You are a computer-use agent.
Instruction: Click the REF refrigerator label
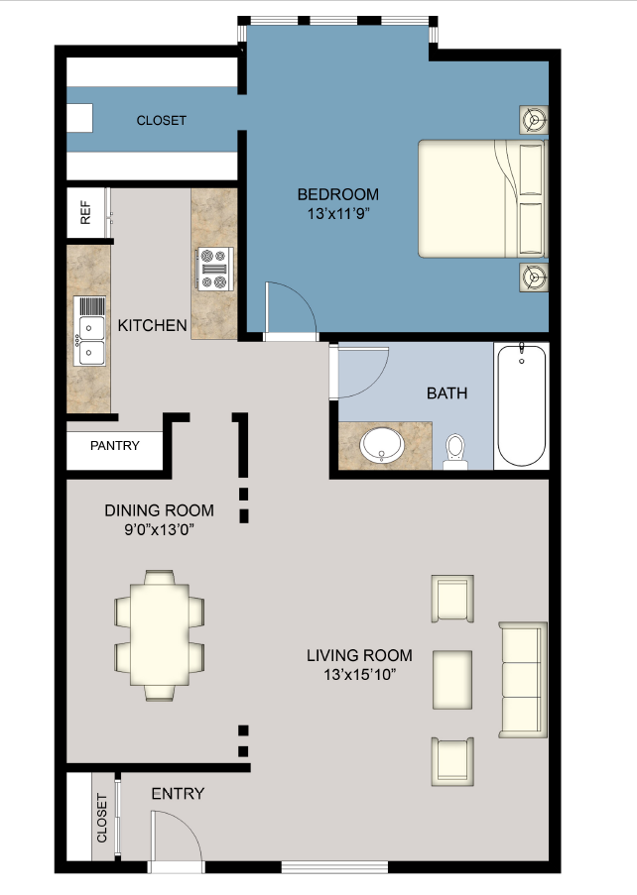point(85,214)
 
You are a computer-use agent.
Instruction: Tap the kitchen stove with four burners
point(214,269)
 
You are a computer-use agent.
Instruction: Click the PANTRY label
point(114,446)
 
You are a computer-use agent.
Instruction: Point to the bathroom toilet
point(456,451)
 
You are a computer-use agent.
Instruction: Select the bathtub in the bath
point(521,405)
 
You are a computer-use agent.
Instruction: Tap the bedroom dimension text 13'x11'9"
point(338,212)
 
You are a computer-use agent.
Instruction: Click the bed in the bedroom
point(481,198)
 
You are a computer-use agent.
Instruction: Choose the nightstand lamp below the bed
point(534,278)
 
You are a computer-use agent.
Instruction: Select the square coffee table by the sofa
point(452,679)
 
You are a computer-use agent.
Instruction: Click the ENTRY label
point(178,794)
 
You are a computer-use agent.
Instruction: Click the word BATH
point(446,393)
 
